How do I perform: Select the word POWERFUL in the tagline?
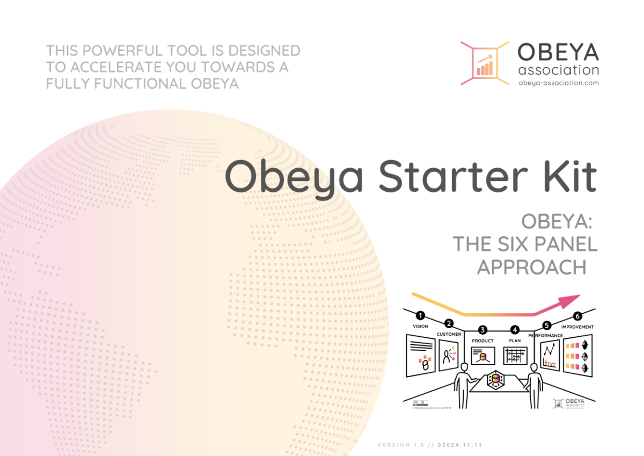(x=128, y=51)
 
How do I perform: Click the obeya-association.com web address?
(x=558, y=83)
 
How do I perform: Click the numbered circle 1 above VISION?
(x=420, y=316)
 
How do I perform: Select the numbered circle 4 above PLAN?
(x=515, y=329)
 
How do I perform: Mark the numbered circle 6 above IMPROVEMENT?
(x=578, y=316)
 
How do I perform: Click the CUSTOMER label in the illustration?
(x=449, y=334)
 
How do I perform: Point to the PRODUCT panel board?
(x=482, y=355)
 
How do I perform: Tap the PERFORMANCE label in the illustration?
(x=545, y=335)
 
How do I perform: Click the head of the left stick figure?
(x=463, y=367)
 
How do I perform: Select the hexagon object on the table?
(x=495, y=381)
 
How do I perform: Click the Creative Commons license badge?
(x=419, y=402)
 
